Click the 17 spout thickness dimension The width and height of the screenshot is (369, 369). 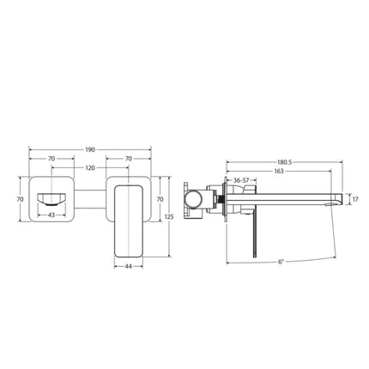(354, 199)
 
